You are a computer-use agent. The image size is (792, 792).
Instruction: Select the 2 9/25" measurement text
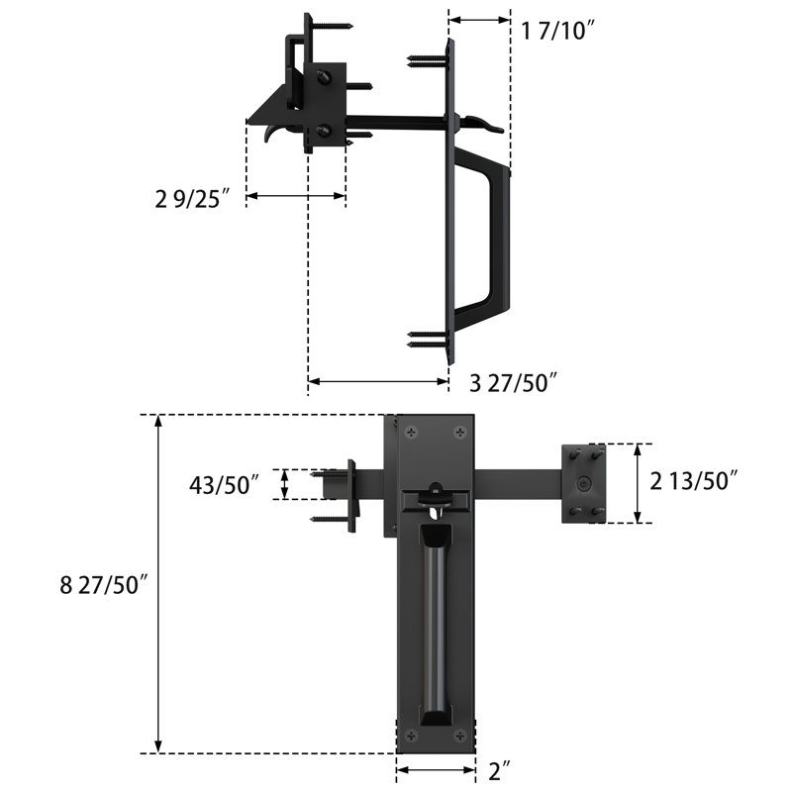point(193,197)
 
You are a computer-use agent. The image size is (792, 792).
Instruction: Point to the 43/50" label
point(225,484)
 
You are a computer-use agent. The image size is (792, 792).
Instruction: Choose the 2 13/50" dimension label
point(695,481)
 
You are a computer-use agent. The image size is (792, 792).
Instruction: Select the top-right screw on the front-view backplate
point(459,432)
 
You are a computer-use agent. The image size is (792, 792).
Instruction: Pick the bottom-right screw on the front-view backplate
point(459,735)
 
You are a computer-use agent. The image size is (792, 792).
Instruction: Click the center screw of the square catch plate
point(585,484)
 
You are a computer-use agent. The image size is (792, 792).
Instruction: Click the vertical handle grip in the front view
point(435,624)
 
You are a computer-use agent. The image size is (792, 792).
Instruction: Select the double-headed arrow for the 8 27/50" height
point(158,584)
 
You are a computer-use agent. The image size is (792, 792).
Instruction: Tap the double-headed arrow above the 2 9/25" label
point(295,197)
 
